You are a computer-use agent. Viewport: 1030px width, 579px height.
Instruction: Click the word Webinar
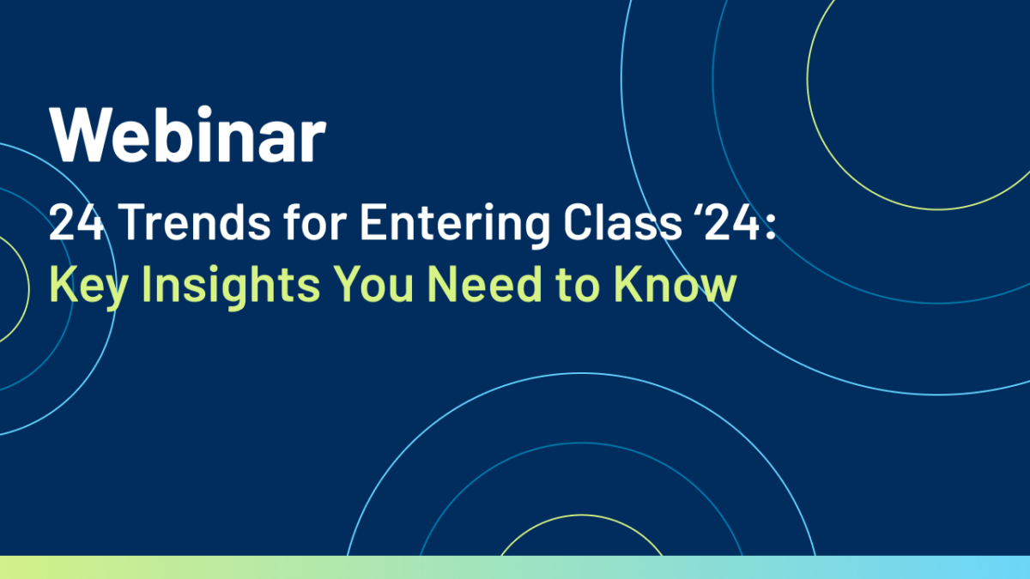188,134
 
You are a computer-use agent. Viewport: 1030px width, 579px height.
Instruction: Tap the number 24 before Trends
76,221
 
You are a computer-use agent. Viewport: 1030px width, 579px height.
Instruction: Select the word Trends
195,221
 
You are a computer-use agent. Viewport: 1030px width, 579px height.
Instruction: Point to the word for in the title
315,221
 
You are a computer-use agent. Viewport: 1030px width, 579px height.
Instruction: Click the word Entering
455,225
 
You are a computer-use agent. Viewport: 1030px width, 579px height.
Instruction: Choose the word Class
622,221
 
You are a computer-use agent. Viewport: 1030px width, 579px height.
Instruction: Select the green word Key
88,286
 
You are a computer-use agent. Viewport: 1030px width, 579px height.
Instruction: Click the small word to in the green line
577,286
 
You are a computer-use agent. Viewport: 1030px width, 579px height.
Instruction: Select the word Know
675,284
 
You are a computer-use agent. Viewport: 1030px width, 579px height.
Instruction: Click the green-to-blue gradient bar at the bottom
515,568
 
